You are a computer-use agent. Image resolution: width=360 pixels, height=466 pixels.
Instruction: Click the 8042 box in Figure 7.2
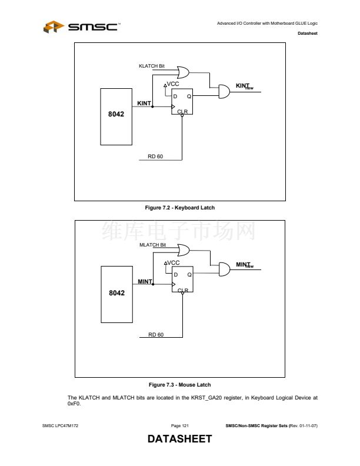[116, 116]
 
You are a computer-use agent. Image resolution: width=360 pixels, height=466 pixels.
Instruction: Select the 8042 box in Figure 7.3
[116, 293]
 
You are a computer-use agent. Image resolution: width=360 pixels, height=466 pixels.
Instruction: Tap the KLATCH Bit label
[151, 66]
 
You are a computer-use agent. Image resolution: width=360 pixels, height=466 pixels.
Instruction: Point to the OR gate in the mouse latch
[179, 251]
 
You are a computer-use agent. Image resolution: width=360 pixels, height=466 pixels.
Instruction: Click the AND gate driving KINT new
[224, 92]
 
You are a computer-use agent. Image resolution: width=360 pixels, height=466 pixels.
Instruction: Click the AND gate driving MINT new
[224, 269]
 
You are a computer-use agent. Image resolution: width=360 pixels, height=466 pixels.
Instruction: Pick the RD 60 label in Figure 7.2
[155, 156]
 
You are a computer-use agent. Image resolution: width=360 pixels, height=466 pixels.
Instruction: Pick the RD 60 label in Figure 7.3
[156, 334]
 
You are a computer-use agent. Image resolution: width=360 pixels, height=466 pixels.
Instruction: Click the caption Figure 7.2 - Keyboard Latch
[179, 207]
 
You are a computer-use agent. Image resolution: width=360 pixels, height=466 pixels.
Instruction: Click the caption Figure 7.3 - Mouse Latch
[179, 385]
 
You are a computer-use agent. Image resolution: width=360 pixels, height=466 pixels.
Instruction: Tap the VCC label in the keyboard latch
[172, 84]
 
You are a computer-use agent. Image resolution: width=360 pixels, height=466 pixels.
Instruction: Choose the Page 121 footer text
[179, 425]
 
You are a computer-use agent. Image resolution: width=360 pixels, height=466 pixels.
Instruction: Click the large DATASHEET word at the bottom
[179, 440]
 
